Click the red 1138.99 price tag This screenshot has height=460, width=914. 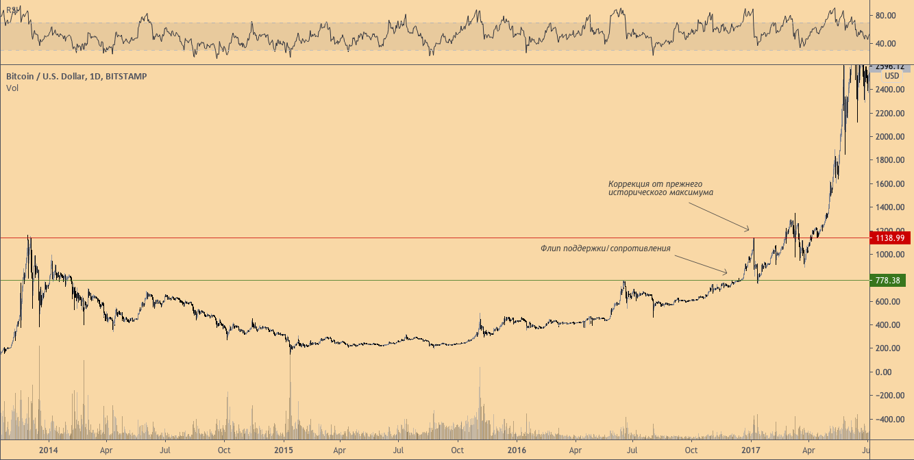tap(889, 238)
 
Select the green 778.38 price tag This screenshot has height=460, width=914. tap(889, 280)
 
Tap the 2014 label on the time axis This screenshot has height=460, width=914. tap(49, 450)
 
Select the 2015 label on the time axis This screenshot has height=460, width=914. tap(283, 450)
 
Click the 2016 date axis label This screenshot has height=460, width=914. tap(518, 450)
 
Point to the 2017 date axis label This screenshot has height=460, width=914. tap(752, 450)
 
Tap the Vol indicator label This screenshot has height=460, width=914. tap(12, 88)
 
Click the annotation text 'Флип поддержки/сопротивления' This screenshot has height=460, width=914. tap(605, 248)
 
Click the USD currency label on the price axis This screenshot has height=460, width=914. tap(891, 75)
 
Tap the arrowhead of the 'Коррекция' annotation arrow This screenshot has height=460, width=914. tap(751, 230)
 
